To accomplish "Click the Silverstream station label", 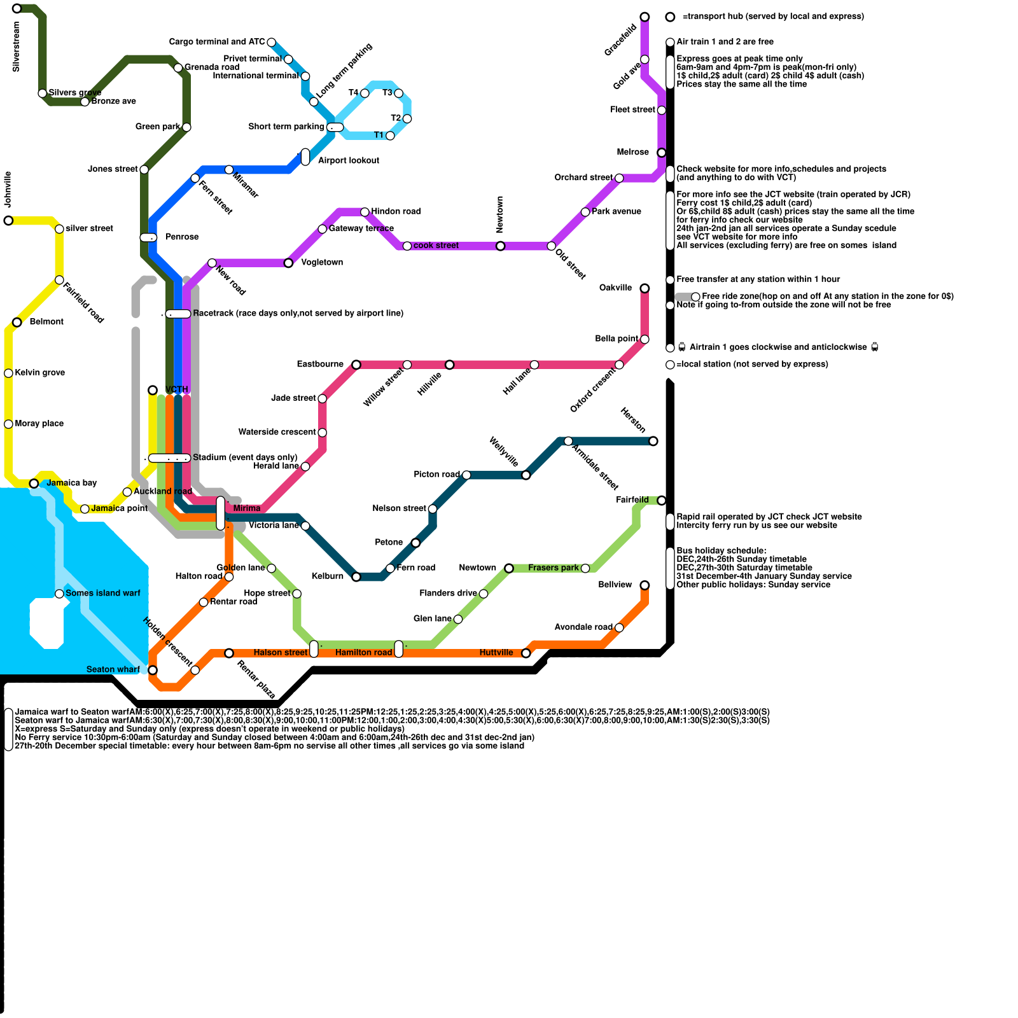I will coord(17,46).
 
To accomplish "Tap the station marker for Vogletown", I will coord(288,263).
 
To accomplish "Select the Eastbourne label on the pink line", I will coord(320,365).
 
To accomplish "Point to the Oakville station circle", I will coord(645,289).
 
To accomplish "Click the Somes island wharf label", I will coord(102,594).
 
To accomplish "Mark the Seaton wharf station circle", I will coord(153,670).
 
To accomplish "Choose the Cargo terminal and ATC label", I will coord(217,42).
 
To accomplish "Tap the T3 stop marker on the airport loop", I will coord(398,94).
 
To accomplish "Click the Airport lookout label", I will coord(348,161).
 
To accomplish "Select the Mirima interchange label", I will coord(246,508).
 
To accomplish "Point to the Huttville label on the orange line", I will coord(496,653).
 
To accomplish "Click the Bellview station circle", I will coord(645,585).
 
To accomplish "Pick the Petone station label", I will coord(389,543).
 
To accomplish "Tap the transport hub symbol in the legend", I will coord(670,17).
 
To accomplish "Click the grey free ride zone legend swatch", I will coord(684,297).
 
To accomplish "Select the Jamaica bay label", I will coord(72,483).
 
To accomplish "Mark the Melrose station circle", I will coord(662,153).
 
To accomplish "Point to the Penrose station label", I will coord(182,237).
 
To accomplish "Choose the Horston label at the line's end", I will coord(633,420).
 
